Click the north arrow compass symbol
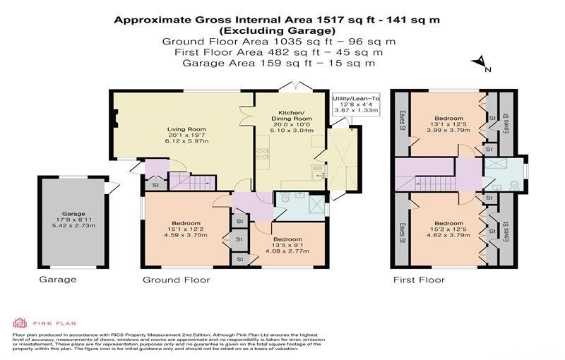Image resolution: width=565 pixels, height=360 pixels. pos(481,64)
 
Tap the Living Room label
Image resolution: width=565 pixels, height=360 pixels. pos(186,135)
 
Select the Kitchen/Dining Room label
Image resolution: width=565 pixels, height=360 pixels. pos(292,121)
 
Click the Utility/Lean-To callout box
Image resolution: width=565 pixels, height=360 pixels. pos(356,104)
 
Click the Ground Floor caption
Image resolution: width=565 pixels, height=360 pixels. pos(176,280)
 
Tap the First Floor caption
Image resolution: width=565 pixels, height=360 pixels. pos(419,280)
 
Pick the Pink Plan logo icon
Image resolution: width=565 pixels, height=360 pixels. pos(20,323)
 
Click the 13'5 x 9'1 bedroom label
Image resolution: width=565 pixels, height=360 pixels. pos(287,245)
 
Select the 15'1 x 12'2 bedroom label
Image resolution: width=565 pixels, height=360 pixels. pos(186,229)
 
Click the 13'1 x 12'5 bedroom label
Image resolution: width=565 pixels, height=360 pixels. pos(448,124)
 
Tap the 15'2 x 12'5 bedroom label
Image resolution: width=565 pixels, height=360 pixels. pos(448,229)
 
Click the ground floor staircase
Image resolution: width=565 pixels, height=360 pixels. pos(192,181)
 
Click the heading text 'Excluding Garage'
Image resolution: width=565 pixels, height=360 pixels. pos(277,30)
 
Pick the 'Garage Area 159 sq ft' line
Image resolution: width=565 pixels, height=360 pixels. pos(278,63)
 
